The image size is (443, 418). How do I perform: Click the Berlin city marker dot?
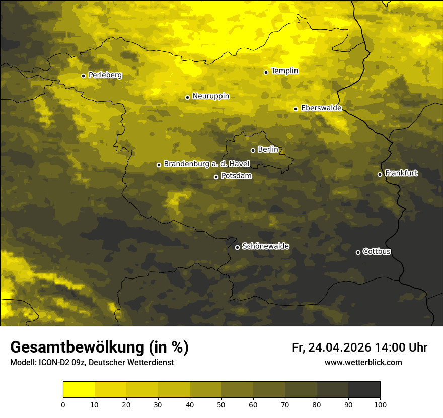pos(253,150)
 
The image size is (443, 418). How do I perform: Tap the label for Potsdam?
pos(237,176)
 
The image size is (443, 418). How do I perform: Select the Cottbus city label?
pos(377,251)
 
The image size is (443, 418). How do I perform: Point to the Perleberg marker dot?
pos(83,76)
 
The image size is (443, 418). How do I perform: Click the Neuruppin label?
pos(211,96)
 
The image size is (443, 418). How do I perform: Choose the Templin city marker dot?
pos(266,72)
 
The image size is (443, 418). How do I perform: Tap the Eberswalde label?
pos(321,108)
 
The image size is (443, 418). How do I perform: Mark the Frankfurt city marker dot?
pos(380,174)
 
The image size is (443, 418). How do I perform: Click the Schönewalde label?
pos(266,246)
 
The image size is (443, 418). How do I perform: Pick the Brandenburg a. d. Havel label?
pos(206,164)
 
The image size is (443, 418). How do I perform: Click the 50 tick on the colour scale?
pos(221,404)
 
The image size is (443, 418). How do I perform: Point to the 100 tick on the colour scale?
pos(380,404)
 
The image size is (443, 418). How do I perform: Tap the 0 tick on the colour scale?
pos(63,404)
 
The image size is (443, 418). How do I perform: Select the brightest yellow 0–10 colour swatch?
pos(79,390)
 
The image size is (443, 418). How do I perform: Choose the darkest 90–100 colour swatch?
pos(364,390)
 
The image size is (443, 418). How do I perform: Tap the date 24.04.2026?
pos(340,347)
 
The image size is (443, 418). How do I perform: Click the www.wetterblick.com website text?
pos(363,362)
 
